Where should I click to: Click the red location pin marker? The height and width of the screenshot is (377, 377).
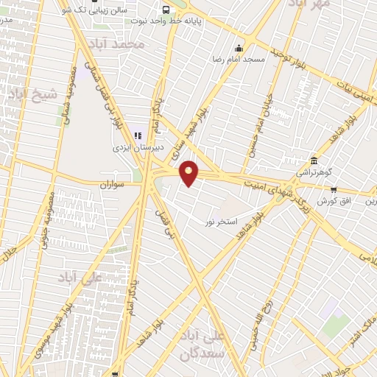point(189,172)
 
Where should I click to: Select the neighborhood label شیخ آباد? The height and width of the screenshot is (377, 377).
point(32,94)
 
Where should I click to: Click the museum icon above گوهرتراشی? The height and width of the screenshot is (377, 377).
point(314,161)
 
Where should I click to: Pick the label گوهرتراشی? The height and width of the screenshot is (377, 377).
point(314,172)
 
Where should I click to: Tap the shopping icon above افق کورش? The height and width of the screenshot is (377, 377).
point(333,190)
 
